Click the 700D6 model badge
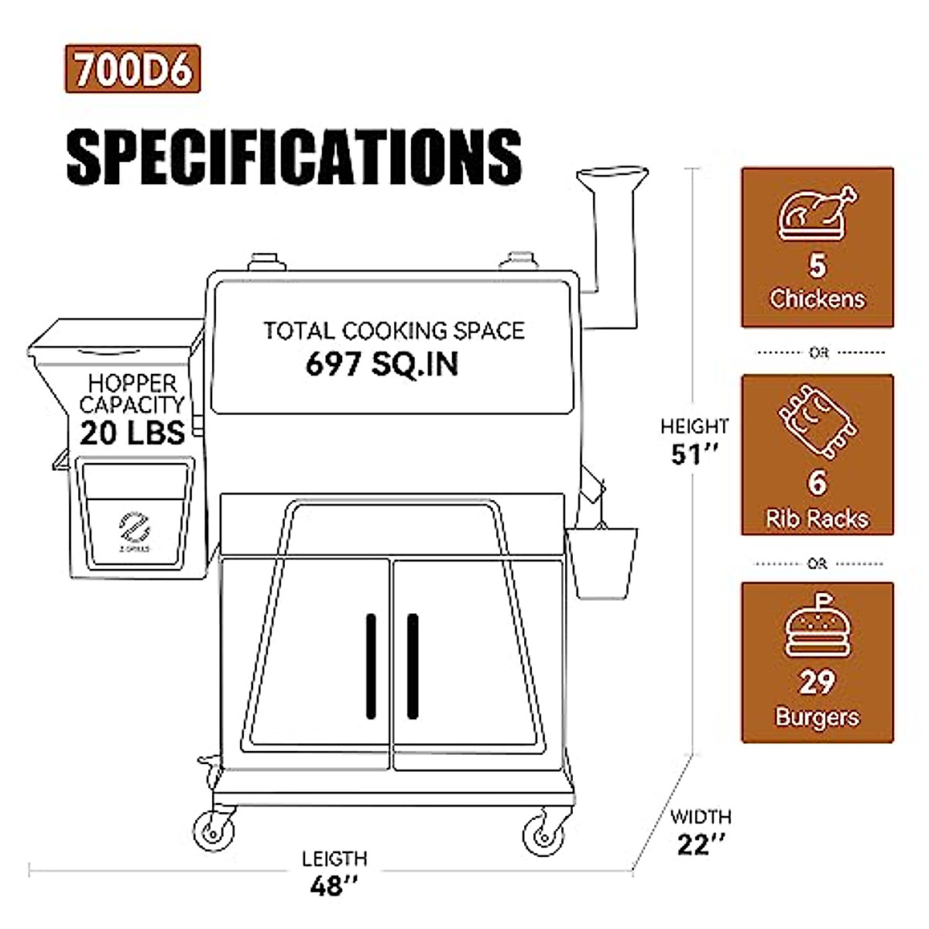point(132,70)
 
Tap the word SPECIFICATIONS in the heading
point(294,156)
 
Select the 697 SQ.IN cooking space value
point(382,363)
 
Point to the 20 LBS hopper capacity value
point(132,433)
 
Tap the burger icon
point(818,628)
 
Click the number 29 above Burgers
point(818,682)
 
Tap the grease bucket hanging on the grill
point(602,560)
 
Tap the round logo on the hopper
point(134,528)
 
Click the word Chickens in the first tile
point(818,299)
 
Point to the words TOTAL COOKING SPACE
point(393,331)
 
